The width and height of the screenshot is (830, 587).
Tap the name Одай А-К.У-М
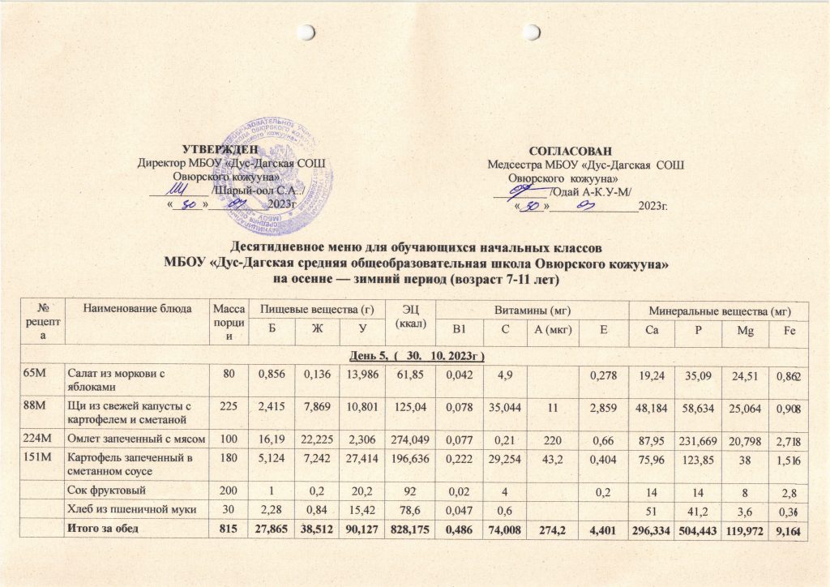(x=593, y=191)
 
